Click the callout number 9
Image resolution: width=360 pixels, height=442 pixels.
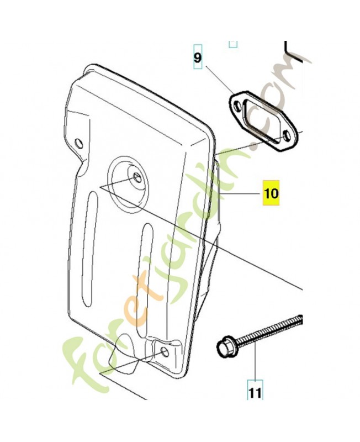click(198, 58)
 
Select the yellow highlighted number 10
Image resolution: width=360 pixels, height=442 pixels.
click(271, 193)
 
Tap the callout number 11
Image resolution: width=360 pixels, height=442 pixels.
click(255, 393)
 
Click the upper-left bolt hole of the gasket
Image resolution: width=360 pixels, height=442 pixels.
click(238, 106)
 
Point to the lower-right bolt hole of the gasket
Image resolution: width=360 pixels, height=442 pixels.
click(287, 136)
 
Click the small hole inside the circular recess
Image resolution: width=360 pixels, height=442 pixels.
click(137, 178)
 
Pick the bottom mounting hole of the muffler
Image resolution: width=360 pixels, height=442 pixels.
click(165, 352)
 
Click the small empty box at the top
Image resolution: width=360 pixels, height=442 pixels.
click(233, 44)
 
